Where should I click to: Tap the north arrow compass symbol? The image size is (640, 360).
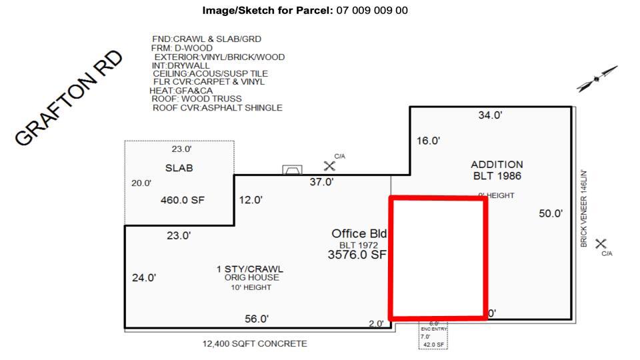point(597,78)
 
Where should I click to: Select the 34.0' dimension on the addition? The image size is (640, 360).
point(490,115)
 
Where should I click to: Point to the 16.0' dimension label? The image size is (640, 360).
point(428,141)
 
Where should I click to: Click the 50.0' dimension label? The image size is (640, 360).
point(551,213)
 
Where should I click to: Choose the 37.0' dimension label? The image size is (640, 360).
point(321,183)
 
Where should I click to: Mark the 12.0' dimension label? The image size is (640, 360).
point(251,199)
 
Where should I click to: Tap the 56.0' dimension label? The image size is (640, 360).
point(257,319)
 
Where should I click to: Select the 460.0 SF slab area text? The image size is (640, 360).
point(179,199)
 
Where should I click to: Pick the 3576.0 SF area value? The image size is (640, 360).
point(357,255)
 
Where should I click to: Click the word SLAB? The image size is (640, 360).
point(179,168)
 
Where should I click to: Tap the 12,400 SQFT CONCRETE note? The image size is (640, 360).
point(255,344)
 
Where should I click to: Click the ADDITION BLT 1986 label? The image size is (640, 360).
point(497,170)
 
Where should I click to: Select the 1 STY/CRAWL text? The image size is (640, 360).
point(249,269)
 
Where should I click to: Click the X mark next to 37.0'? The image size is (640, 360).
point(329,165)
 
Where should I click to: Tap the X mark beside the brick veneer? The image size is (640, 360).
point(601,244)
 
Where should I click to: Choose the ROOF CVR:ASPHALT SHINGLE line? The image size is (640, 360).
point(217,107)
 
